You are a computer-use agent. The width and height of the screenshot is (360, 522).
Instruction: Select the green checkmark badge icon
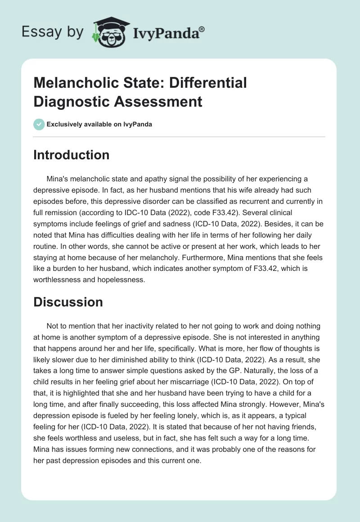[39, 124]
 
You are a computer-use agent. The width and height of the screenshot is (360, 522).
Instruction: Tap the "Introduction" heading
[71, 155]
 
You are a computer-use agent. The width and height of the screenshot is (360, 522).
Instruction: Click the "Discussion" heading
[68, 302]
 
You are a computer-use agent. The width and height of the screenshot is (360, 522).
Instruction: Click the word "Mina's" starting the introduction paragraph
[58, 179]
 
